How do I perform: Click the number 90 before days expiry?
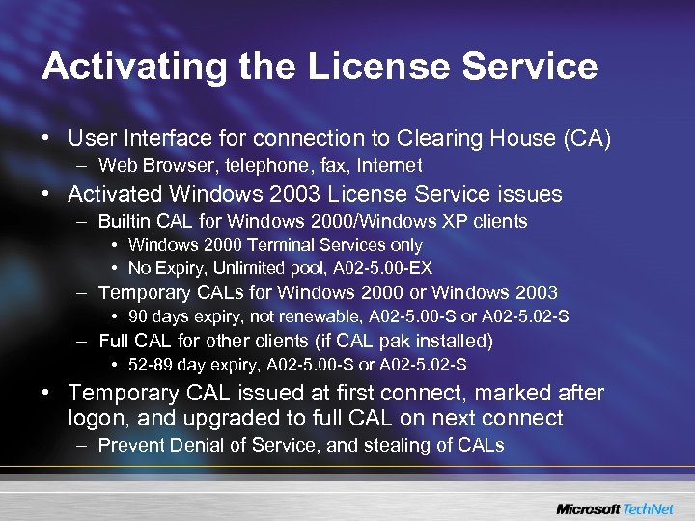138,315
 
